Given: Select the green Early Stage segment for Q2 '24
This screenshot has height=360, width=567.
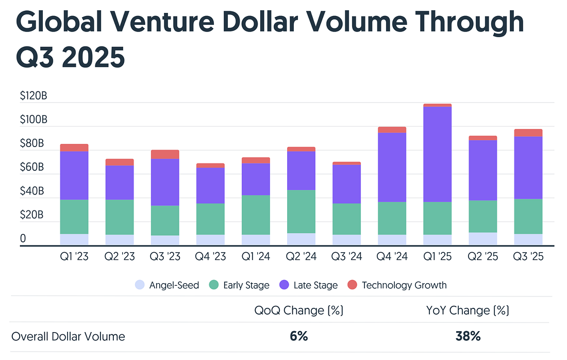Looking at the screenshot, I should coord(302,211).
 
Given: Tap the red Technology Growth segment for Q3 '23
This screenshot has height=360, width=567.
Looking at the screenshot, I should coord(165,154).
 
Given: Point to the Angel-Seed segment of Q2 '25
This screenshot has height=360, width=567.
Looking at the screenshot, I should coord(483,239).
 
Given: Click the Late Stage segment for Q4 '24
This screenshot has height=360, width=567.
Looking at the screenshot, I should coord(392,167).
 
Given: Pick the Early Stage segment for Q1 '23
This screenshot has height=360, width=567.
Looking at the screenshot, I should coord(74,217).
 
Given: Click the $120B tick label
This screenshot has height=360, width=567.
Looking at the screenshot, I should coord(34,96).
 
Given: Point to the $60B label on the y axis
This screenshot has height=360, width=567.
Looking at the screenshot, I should coord(32,168).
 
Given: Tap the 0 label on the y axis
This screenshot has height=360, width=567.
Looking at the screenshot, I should coord(23,239).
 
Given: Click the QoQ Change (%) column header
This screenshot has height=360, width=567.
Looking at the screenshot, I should coord(299,310).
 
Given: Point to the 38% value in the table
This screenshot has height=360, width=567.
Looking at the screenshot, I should coord(468,336).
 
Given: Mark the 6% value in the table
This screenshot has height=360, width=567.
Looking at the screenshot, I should coord(299,336).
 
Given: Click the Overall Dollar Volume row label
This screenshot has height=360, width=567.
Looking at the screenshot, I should coord(68,337).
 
